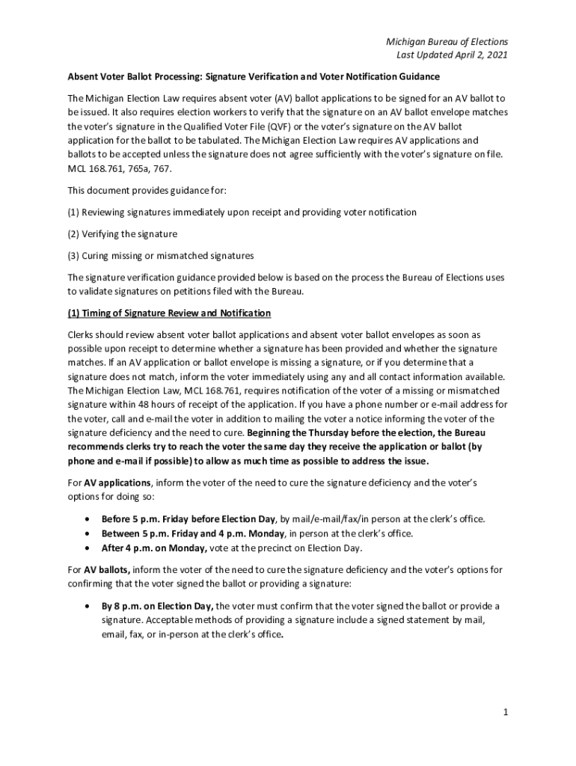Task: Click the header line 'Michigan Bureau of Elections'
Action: pos(447,42)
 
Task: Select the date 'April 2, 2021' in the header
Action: pos(478,56)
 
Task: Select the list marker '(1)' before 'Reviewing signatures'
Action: pos(73,212)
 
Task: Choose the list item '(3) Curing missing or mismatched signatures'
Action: pos(160,256)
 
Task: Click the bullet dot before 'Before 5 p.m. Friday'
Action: pos(89,518)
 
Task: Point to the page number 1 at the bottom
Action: pos(506,712)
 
